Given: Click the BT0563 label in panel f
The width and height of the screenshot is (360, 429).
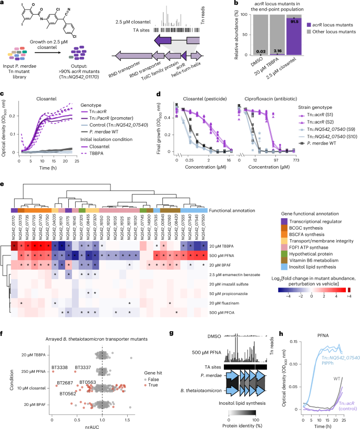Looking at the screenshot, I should click(88, 382).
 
